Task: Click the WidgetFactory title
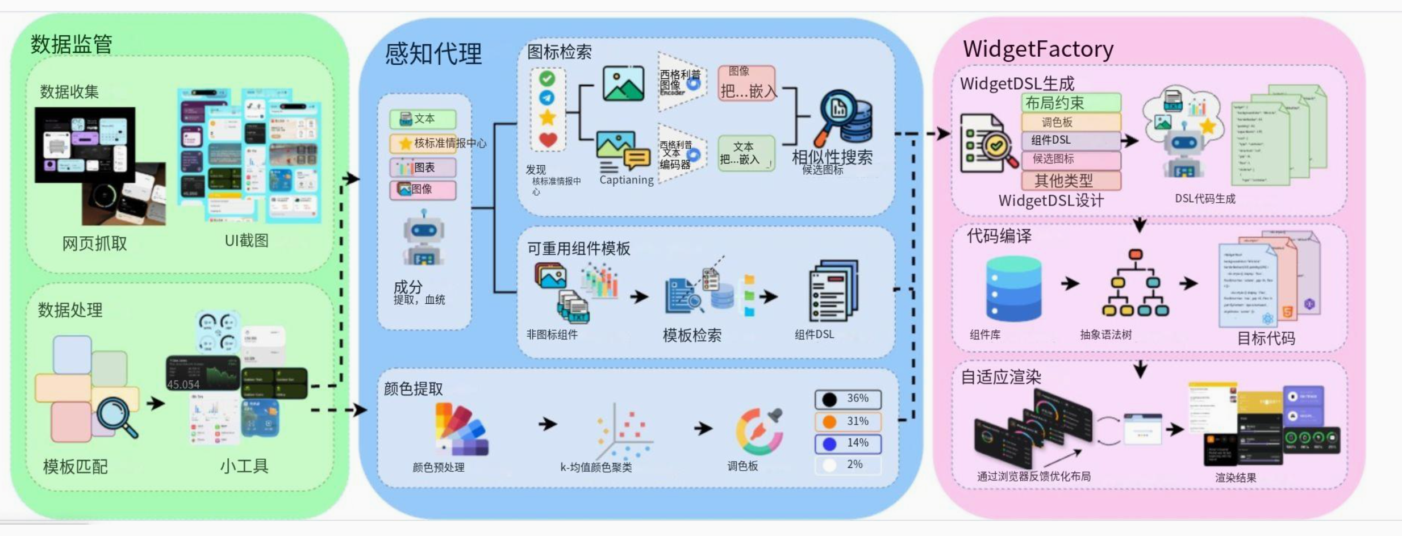click(x=1038, y=49)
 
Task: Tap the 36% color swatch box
click(x=848, y=399)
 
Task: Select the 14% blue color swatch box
click(x=848, y=443)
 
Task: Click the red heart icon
click(x=548, y=139)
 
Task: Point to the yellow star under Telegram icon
click(x=547, y=118)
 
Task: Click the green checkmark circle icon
click(x=547, y=78)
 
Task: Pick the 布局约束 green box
click(x=1071, y=103)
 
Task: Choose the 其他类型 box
click(x=1071, y=181)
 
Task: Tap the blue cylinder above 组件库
click(x=1014, y=288)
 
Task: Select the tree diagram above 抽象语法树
click(x=1135, y=283)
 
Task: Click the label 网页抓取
click(x=94, y=244)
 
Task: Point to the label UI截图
click(x=247, y=241)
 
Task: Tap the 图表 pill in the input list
click(x=423, y=167)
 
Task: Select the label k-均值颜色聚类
click(x=596, y=467)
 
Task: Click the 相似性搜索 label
click(x=832, y=157)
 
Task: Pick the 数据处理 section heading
click(x=70, y=310)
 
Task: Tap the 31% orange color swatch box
click(x=848, y=421)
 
